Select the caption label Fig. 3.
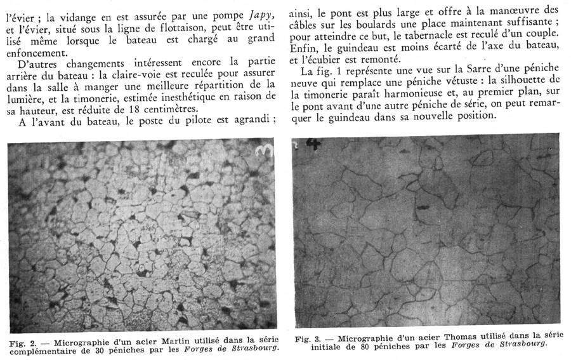tap(307, 340)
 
